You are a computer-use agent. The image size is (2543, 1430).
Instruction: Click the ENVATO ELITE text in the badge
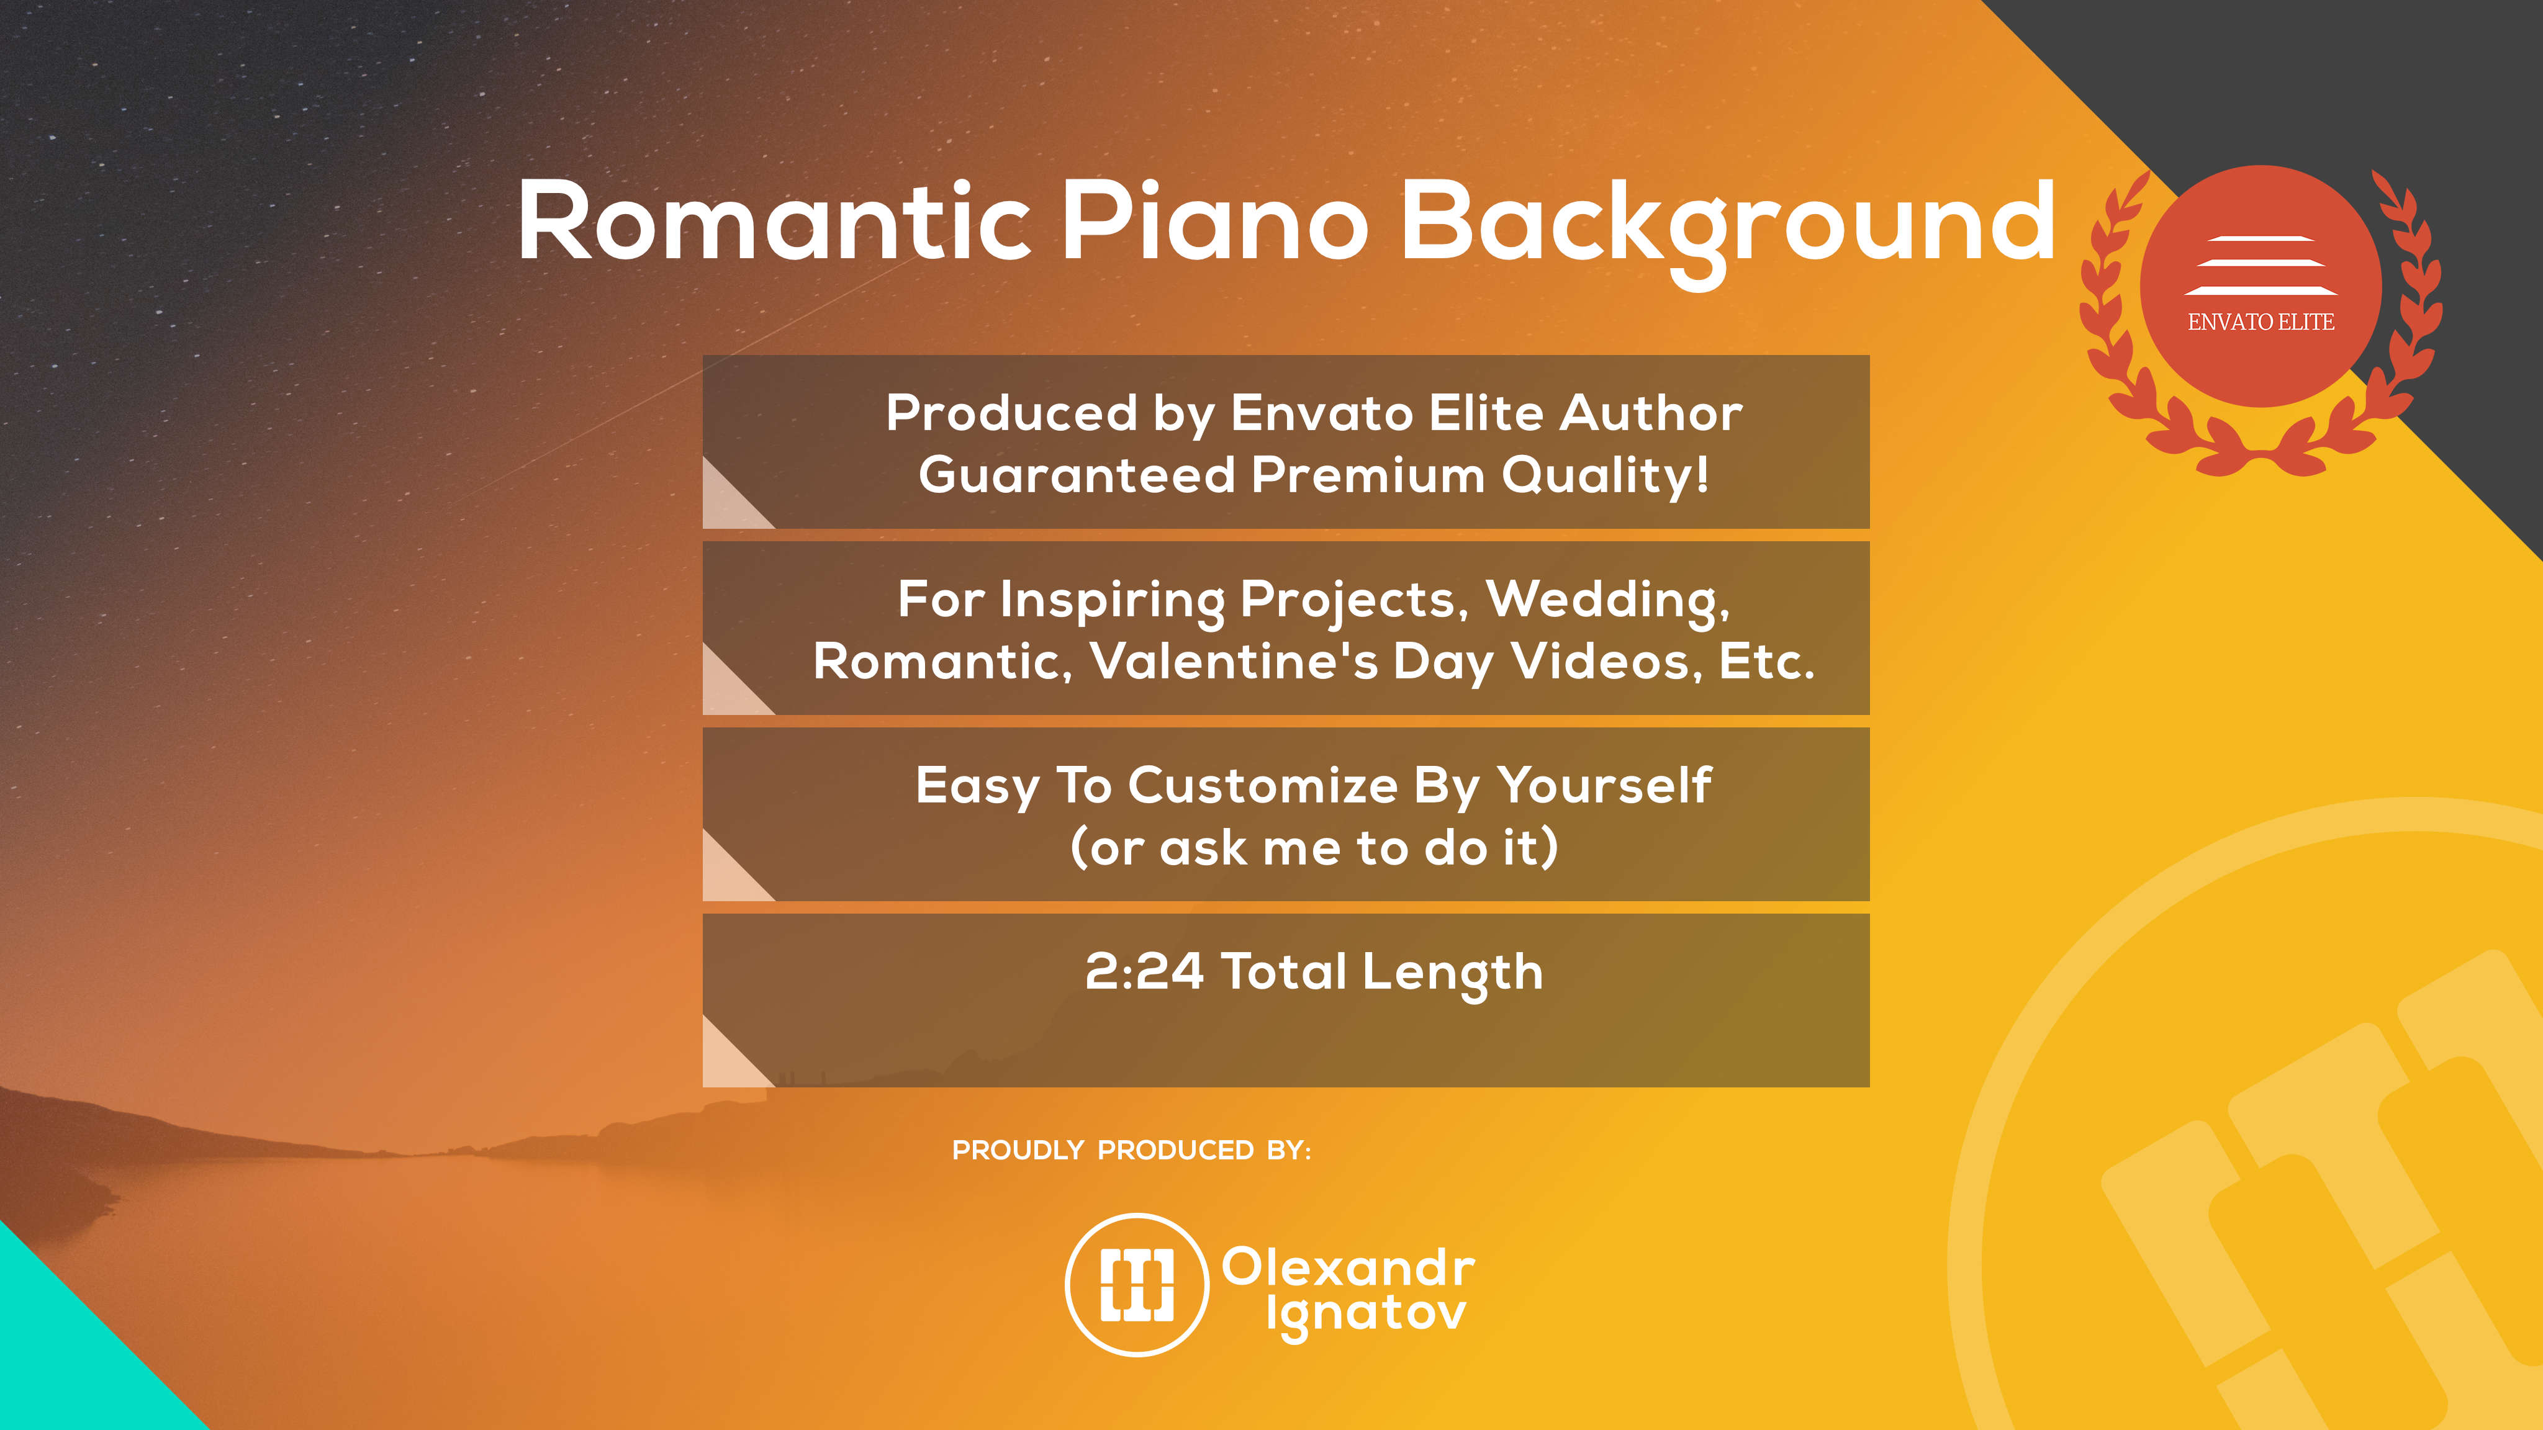(x=2261, y=322)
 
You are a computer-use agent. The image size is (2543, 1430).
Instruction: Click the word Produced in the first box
(x=1012, y=413)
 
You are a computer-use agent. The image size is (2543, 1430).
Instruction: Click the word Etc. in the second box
(x=1766, y=660)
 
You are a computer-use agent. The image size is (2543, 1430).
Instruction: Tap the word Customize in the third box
(x=1263, y=786)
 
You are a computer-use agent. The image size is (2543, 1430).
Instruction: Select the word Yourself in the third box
(x=1604, y=786)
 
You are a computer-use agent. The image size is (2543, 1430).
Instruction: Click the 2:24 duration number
(x=1144, y=971)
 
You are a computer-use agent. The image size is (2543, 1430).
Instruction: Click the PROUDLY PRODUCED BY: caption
(x=1131, y=1149)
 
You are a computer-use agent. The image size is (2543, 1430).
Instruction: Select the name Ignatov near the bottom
(x=1366, y=1316)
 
